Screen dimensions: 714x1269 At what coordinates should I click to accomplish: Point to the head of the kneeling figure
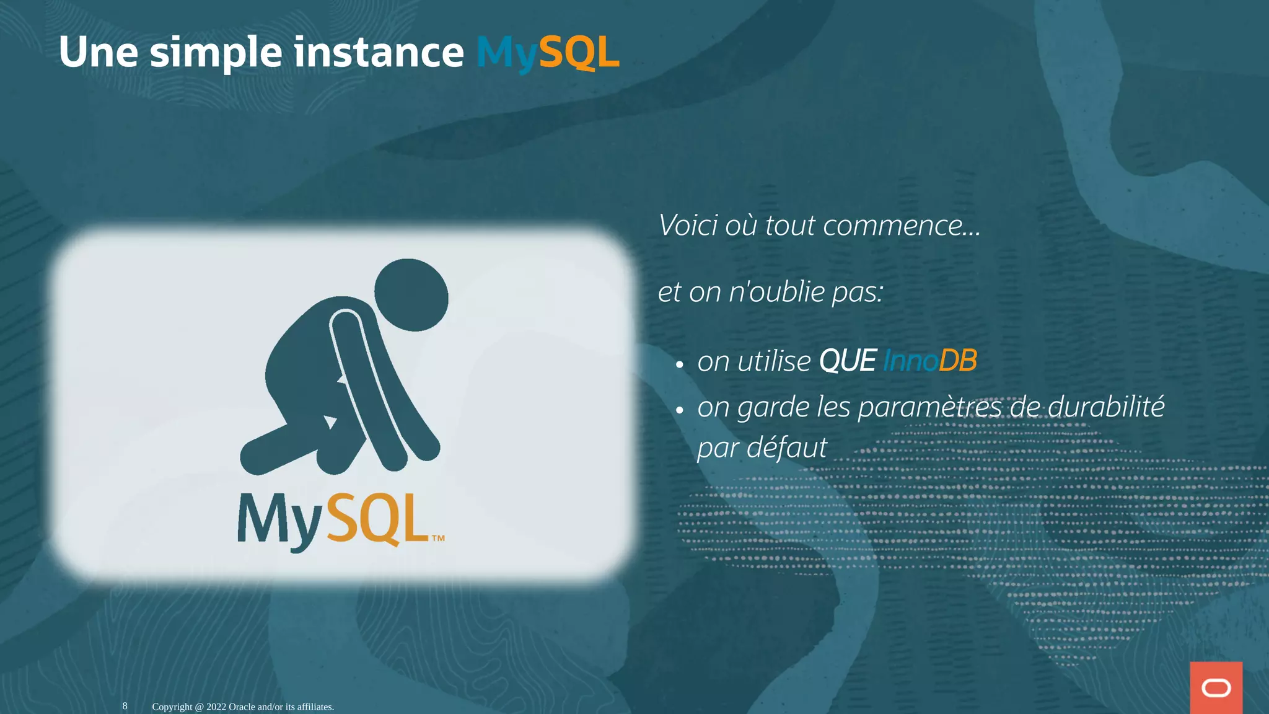click(411, 295)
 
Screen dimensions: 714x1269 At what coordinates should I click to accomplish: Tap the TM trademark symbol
click(438, 538)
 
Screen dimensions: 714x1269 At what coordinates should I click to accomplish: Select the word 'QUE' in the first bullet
click(847, 361)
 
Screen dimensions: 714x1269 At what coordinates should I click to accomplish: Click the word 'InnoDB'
click(929, 361)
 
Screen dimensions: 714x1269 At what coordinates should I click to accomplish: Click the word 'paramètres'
click(929, 407)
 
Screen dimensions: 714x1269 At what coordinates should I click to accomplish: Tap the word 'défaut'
click(787, 447)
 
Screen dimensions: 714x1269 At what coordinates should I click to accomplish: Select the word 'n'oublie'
click(777, 291)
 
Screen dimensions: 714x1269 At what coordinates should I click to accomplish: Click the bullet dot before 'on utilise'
click(680, 364)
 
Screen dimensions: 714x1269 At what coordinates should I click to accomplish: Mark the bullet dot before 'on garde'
click(680, 410)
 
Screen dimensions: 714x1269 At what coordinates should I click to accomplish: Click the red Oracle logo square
click(1216, 687)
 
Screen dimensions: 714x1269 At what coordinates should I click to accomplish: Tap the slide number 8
click(125, 706)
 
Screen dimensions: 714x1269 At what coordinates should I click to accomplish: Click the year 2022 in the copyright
click(216, 707)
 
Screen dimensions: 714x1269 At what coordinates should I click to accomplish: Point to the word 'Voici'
click(688, 225)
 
